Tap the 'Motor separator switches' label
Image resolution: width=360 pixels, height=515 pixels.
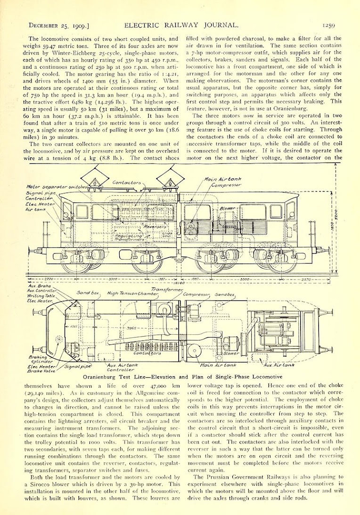tap(50, 187)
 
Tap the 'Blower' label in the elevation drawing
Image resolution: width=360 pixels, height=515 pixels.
tap(228, 208)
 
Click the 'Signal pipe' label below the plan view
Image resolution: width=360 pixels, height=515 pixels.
tap(78, 365)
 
